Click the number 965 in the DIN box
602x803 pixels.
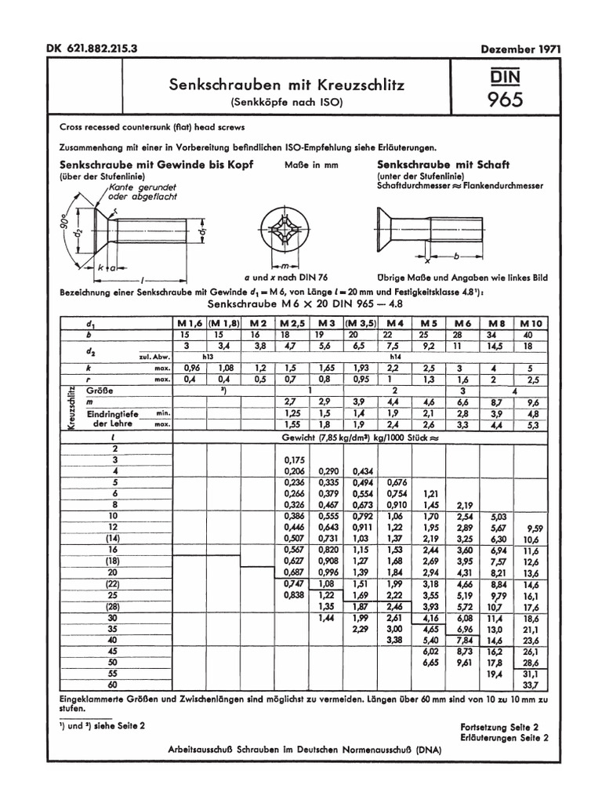[x=506, y=100]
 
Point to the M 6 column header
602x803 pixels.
[x=462, y=323]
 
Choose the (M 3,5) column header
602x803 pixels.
[x=361, y=323]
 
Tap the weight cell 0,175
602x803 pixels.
[x=293, y=460]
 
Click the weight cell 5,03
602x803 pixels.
[x=498, y=518]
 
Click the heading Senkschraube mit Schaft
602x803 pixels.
[x=443, y=165]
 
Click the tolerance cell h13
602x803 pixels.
[x=208, y=355]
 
